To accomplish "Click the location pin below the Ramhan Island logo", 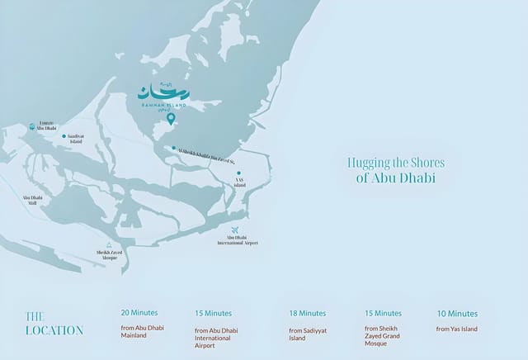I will click(171, 119).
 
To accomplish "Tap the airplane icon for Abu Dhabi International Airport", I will click(237, 230).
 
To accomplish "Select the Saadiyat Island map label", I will click(75, 140).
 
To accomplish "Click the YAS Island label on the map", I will click(240, 184).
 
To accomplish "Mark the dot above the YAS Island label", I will click(238, 173).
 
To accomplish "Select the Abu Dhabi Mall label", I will click(33, 201).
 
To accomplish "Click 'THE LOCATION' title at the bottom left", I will click(54, 323).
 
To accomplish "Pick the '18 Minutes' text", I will click(308, 314).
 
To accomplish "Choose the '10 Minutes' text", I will click(457, 314).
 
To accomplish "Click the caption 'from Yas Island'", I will click(456, 329).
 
